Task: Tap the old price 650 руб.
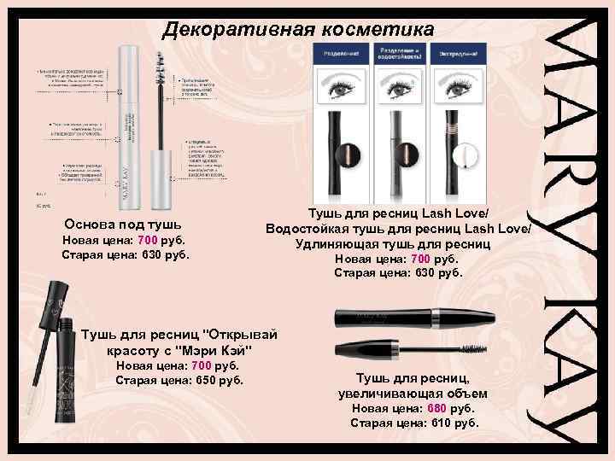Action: click(179, 380)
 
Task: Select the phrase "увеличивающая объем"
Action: click(413, 394)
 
